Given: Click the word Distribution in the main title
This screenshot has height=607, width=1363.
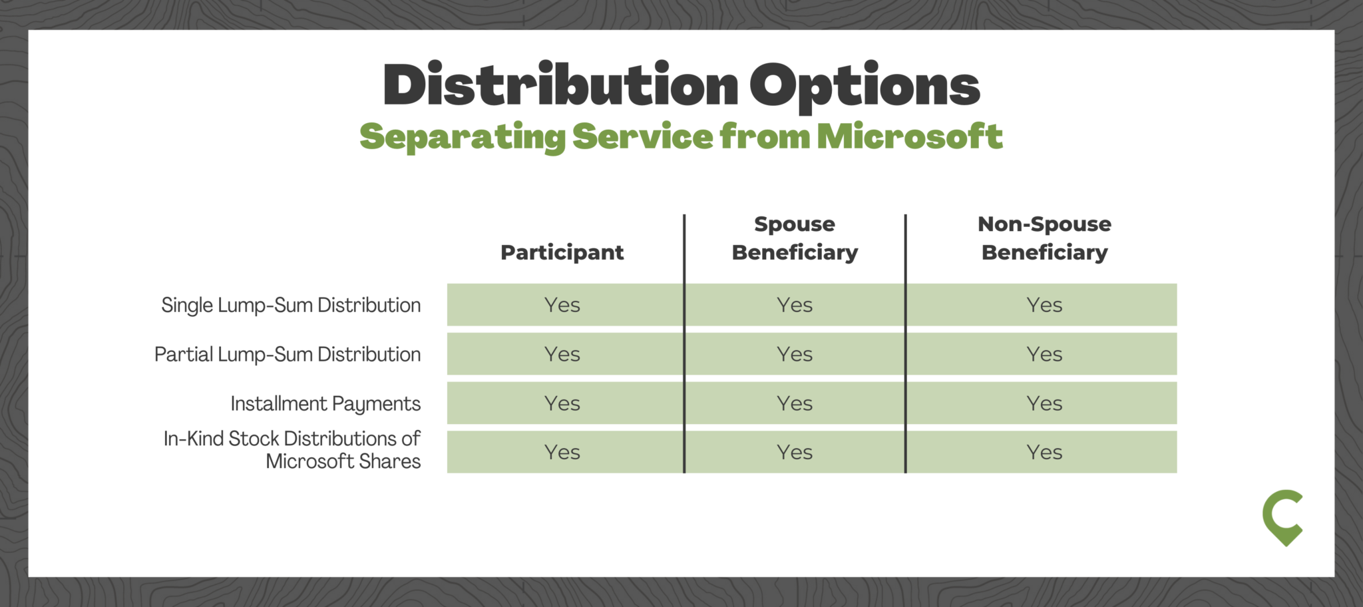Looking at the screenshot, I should [560, 85].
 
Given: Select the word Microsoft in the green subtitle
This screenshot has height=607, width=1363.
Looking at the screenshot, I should [909, 136].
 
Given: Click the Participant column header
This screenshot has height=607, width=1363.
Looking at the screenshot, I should [562, 252].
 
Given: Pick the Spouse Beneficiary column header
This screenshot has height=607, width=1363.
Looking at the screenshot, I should [795, 238].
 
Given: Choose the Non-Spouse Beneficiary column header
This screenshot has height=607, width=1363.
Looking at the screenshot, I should [1044, 238].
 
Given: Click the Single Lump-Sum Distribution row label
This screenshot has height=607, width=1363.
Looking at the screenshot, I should [291, 305].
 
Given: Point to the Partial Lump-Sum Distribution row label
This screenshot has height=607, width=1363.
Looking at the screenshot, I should [288, 354].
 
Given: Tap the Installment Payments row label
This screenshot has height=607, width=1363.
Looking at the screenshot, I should [325, 403].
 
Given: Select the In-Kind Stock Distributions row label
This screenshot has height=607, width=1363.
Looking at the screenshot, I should [292, 450].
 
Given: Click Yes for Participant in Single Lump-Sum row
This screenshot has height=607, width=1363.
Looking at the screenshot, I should [562, 305].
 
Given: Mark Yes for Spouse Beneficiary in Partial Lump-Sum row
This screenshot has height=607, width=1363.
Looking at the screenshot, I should [795, 354].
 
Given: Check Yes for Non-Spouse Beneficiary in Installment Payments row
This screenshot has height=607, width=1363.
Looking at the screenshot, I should [1044, 403].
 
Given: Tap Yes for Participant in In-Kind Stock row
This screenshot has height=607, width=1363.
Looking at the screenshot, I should [562, 453].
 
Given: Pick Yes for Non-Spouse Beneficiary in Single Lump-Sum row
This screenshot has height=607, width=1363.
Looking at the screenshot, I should [1044, 305].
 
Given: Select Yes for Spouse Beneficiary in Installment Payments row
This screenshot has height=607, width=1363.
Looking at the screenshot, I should [795, 403].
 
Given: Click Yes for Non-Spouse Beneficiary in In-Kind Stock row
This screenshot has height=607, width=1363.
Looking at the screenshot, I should [1044, 453].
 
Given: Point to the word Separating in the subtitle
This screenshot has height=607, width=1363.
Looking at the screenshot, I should [462, 136].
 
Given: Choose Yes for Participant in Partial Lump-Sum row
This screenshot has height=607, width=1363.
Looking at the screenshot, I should [562, 354].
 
